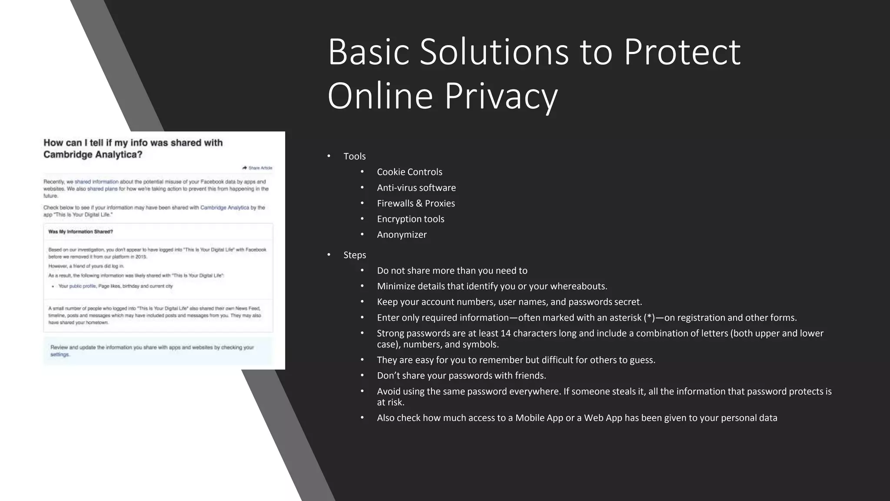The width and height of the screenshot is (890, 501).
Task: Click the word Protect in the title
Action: (x=682, y=52)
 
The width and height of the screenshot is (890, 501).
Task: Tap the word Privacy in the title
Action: (x=501, y=96)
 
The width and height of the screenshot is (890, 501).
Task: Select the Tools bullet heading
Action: (x=354, y=156)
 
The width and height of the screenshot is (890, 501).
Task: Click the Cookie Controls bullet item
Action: (x=409, y=172)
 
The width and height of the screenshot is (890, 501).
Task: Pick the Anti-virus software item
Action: (x=416, y=187)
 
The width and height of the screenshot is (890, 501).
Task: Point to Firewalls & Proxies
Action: (x=416, y=203)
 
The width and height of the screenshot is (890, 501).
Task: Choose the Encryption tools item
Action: (x=411, y=219)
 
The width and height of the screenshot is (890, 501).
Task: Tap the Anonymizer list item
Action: (x=402, y=234)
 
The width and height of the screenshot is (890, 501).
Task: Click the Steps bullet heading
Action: (x=355, y=255)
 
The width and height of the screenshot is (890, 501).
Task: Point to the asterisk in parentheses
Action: (x=649, y=317)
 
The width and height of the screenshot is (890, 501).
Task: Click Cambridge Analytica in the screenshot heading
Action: (x=93, y=154)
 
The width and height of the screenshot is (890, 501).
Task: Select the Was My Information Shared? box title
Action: (x=80, y=232)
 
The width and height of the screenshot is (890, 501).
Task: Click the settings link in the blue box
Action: (x=60, y=354)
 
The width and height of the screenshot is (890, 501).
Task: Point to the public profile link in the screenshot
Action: (x=83, y=286)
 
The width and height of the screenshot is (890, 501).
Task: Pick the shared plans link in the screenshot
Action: (x=102, y=189)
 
